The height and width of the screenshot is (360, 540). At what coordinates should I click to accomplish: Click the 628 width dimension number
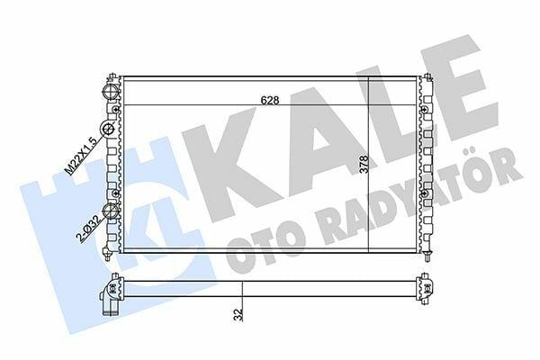(x=270, y=100)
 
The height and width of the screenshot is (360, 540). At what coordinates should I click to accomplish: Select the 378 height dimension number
(x=364, y=165)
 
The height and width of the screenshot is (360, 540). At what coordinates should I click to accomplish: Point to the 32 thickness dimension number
(x=238, y=315)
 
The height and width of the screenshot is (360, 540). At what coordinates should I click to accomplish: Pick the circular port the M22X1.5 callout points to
(x=107, y=130)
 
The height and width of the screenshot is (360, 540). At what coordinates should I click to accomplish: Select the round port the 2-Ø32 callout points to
(x=112, y=211)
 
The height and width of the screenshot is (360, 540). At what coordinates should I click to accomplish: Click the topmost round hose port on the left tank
(x=111, y=92)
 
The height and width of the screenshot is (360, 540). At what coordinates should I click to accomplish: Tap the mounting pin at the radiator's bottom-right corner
(x=427, y=256)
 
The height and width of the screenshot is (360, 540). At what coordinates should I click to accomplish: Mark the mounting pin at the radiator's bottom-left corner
(x=107, y=254)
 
